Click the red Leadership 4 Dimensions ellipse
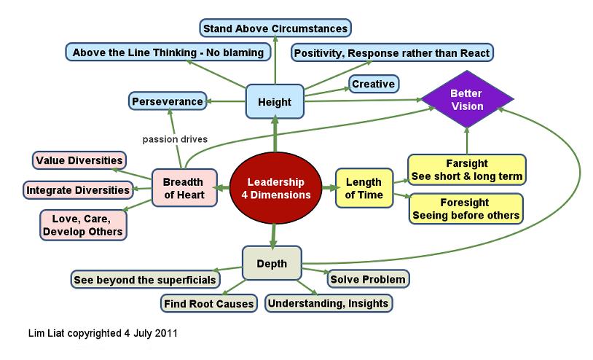[275, 188]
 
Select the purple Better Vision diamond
[466, 101]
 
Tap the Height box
[275, 103]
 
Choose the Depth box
[271, 263]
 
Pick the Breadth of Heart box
[184, 188]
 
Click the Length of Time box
[363, 188]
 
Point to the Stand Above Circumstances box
[275, 29]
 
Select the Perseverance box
[167, 101]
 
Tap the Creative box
[374, 85]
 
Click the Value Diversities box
[79, 160]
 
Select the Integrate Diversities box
[79, 191]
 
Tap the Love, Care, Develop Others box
[82, 224]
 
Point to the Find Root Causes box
[208, 303]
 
